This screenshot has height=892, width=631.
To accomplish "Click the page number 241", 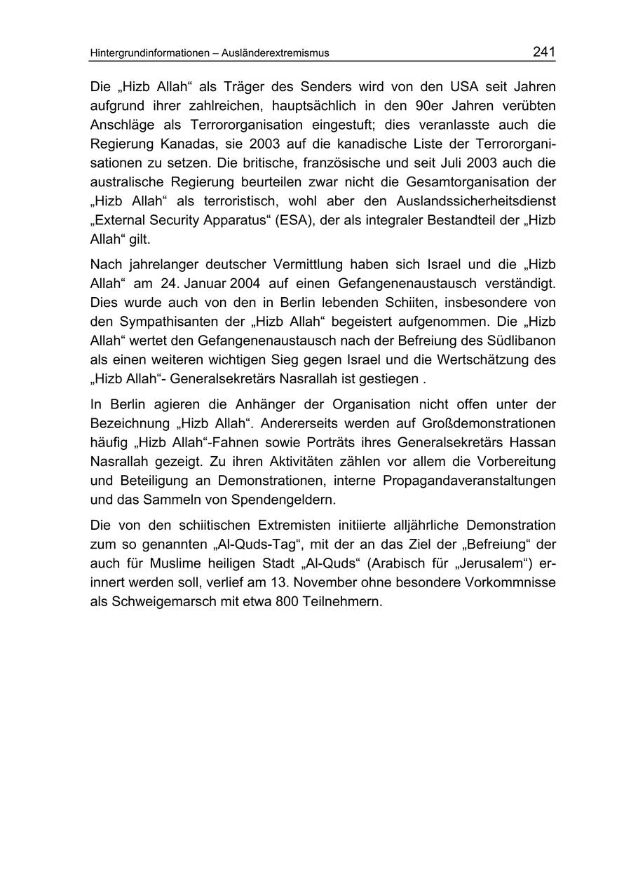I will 543,52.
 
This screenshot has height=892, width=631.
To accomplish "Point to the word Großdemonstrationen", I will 483,423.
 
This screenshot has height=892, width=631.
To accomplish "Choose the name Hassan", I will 532,442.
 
